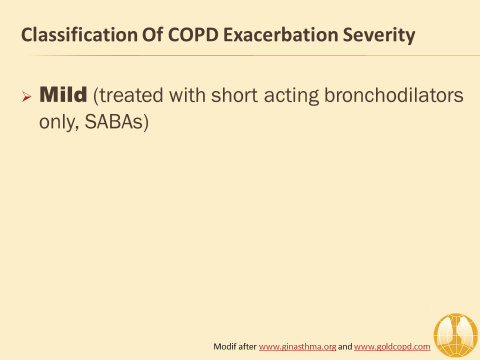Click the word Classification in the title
[x=79, y=34]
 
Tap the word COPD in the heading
[x=193, y=34]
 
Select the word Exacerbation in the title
[x=280, y=34]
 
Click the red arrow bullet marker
[x=26, y=96]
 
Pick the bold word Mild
[x=63, y=94]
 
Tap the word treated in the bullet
[x=128, y=95]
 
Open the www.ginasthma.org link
[x=297, y=346]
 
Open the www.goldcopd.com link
[x=392, y=346]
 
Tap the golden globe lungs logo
[x=455, y=335]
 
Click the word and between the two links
[x=345, y=346]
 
